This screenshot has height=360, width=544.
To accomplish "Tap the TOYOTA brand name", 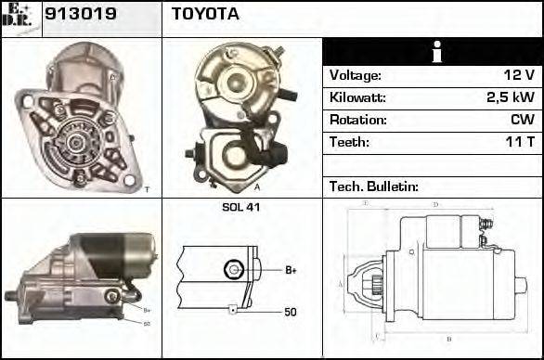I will (205, 15).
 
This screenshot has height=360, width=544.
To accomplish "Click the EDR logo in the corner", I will (21, 18).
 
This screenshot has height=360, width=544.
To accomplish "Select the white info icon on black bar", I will (432, 53).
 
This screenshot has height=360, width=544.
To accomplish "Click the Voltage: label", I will (355, 75).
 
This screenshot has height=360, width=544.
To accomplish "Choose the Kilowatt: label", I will (357, 97).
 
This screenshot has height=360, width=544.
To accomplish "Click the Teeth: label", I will (349, 142).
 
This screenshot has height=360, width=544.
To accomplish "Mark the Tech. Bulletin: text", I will (374, 186).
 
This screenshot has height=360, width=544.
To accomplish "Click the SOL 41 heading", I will (240, 207).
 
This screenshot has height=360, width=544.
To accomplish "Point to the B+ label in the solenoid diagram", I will (291, 270).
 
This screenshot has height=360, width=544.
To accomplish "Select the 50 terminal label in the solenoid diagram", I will (291, 313).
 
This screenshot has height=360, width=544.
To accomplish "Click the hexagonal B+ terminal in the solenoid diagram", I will (232, 269).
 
